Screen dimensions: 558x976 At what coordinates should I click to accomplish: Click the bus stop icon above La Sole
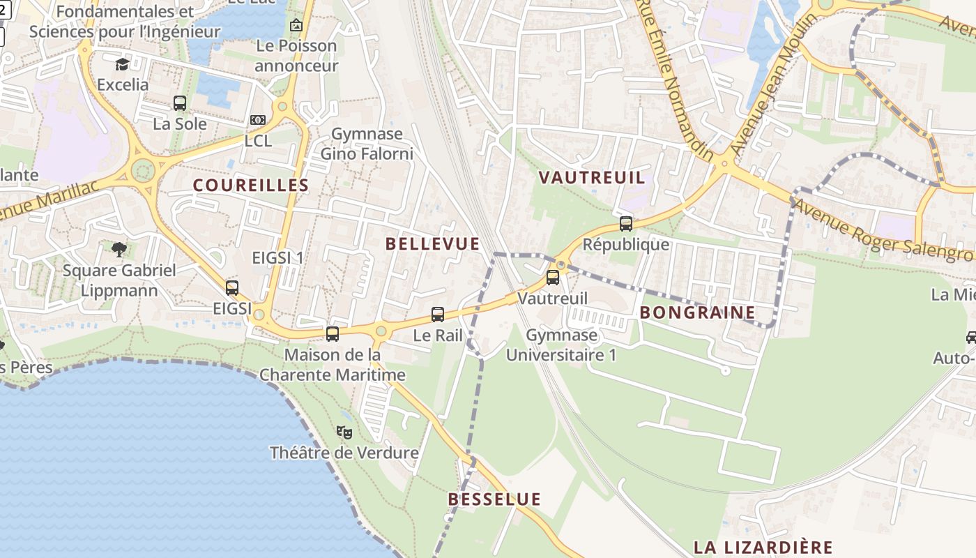tap(180, 103)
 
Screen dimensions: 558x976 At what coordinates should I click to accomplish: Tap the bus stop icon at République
tap(626, 224)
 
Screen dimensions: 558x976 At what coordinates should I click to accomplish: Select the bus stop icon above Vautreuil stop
tap(553, 278)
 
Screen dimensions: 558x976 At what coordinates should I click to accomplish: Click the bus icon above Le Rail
tap(438, 315)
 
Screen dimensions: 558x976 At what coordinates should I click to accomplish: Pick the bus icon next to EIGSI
tap(232, 287)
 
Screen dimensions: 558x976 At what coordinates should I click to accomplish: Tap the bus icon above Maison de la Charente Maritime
tap(333, 334)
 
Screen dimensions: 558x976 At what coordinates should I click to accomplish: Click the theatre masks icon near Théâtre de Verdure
tap(344, 432)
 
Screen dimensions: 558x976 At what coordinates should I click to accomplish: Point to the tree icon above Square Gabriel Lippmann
tap(119, 249)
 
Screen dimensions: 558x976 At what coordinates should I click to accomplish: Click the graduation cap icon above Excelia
tap(123, 65)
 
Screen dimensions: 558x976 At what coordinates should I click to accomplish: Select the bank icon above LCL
tap(258, 120)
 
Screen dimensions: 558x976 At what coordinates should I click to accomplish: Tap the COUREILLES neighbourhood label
tap(251, 185)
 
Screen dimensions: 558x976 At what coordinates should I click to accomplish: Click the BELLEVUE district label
tap(432, 243)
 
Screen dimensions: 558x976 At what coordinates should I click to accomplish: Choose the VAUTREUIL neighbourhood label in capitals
tap(592, 177)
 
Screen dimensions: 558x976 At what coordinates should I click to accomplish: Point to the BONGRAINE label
tap(697, 312)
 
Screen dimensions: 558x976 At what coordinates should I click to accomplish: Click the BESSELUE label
tap(494, 499)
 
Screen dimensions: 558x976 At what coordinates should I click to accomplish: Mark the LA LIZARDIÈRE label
tap(763, 547)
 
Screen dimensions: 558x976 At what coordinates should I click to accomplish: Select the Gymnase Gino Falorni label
tap(367, 143)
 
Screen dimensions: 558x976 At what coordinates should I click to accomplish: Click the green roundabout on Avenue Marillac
tap(143, 169)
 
